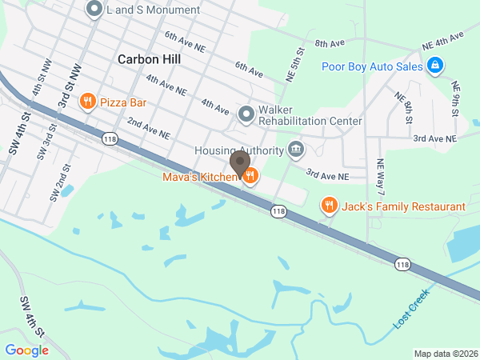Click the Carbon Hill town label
tap(149, 59)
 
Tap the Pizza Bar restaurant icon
tap(88, 102)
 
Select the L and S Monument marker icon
tap(94, 10)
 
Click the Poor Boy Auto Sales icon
tap(434, 66)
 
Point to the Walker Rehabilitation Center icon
tap(246, 114)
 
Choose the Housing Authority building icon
tap(296, 150)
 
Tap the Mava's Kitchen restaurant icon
tap(250, 176)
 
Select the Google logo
tap(26, 350)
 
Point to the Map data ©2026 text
tap(445, 354)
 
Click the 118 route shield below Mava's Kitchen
tap(278, 211)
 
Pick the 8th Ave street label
tap(329, 43)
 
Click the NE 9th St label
tap(456, 96)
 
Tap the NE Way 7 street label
tap(382, 177)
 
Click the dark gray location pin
tap(239, 166)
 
